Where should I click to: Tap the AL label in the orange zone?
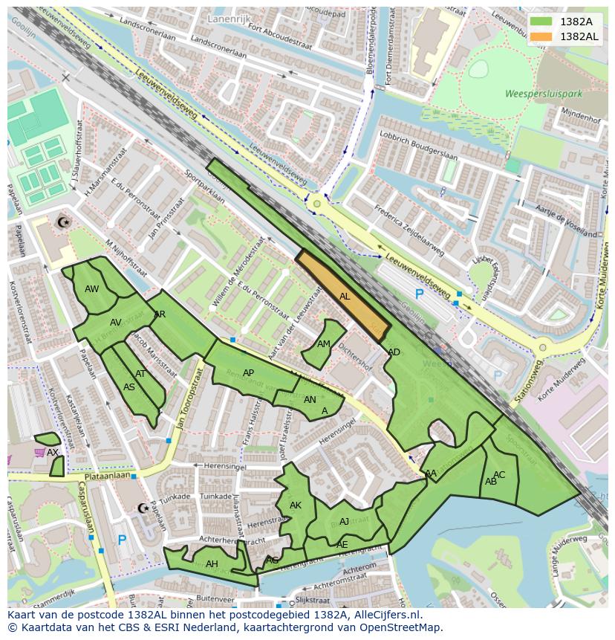(x=345, y=297)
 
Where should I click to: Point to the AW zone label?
(x=92, y=289)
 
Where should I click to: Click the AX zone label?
(x=53, y=452)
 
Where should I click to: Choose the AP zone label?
(x=248, y=373)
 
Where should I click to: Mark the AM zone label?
(x=324, y=344)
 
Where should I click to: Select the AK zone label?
(x=296, y=505)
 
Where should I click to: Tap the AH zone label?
(x=212, y=564)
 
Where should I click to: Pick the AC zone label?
(x=499, y=475)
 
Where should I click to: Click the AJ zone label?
(x=344, y=522)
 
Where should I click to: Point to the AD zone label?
(x=394, y=352)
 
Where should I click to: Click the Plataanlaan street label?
(x=107, y=475)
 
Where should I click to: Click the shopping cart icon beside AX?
(x=39, y=452)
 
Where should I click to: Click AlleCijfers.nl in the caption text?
(x=385, y=615)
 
